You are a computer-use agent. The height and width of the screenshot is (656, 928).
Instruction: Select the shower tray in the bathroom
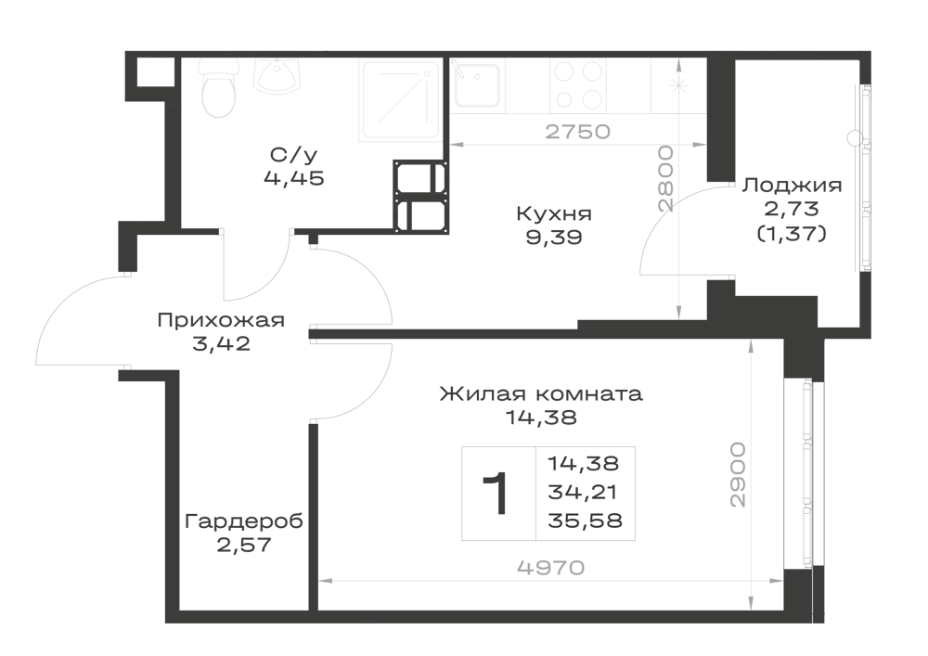pos(401,100)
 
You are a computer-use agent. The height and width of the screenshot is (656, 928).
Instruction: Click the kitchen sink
pos(477,85)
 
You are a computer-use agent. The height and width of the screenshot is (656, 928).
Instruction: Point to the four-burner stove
pos(576,85)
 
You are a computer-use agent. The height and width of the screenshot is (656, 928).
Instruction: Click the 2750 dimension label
pos(577,132)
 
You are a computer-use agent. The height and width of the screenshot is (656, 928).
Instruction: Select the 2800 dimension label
pos(665,179)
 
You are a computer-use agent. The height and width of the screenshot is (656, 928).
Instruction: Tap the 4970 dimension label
pos(550,568)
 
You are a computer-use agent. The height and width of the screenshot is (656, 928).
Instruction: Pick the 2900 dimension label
pos(738,474)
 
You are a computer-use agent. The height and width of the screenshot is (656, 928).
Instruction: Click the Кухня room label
pos(554,213)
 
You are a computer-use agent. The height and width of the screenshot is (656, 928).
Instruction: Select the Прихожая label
pos(221,321)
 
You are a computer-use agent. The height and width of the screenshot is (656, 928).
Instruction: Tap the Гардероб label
pos(244,521)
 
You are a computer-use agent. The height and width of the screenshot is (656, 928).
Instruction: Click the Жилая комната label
pos(541,393)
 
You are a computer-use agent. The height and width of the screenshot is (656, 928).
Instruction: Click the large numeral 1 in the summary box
pos(496,494)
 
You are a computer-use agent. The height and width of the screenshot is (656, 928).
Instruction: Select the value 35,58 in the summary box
pos(586,521)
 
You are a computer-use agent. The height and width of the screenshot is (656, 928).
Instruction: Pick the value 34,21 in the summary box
pos(583,492)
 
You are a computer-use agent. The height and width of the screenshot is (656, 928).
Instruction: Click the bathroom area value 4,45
pos(294,178)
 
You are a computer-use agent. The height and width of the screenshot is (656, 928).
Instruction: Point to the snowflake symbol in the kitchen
pos(678,85)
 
